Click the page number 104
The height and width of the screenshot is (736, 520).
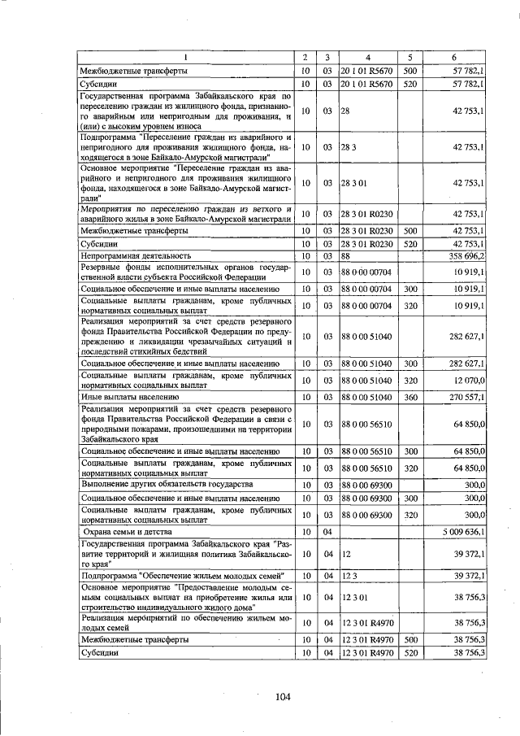(x=283, y=696)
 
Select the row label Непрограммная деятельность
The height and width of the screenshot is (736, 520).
(x=135, y=255)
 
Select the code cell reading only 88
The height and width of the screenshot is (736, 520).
(x=346, y=255)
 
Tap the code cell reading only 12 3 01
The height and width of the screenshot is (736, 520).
(x=354, y=598)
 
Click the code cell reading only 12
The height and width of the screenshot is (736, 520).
(x=345, y=553)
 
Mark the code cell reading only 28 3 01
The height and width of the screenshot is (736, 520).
(x=354, y=184)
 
